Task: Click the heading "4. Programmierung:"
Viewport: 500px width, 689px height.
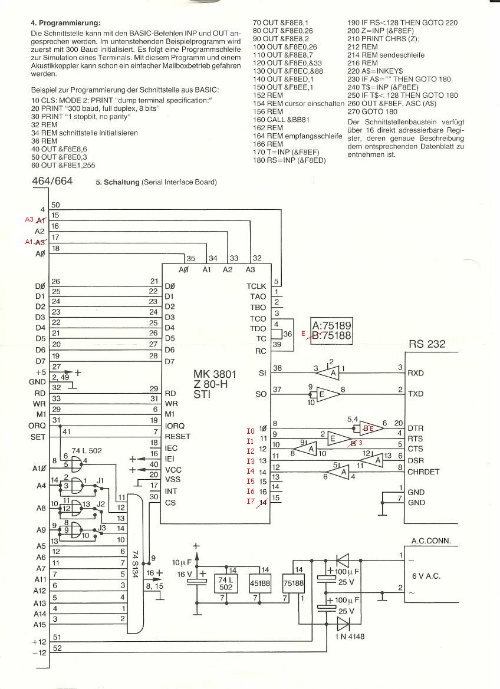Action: [x=65, y=23]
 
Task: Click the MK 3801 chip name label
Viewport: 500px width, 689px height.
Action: [x=215, y=374]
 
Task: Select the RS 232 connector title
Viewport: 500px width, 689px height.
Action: [x=427, y=344]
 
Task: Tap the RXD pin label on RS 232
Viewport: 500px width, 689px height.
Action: [x=416, y=373]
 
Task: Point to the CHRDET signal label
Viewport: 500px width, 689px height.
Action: [x=423, y=472]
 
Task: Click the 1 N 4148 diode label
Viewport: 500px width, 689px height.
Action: [x=350, y=637]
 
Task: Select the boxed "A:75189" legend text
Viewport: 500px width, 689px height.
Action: [x=331, y=325]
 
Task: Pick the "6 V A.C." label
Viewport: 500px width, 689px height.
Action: [x=426, y=576]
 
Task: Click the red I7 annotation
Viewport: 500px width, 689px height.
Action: [x=251, y=502]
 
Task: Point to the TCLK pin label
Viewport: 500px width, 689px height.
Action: [x=256, y=286]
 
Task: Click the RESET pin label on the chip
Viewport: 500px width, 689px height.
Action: [x=177, y=436]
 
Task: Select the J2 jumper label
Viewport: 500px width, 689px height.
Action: [x=101, y=503]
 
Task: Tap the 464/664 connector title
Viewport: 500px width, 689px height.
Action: [x=52, y=181]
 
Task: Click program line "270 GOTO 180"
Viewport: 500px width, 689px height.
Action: [x=372, y=111]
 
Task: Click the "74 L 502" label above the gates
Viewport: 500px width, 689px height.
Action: [x=87, y=450]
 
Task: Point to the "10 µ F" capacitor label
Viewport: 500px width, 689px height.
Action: [x=182, y=562]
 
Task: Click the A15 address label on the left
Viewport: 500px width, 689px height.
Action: [x=40, y=624]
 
